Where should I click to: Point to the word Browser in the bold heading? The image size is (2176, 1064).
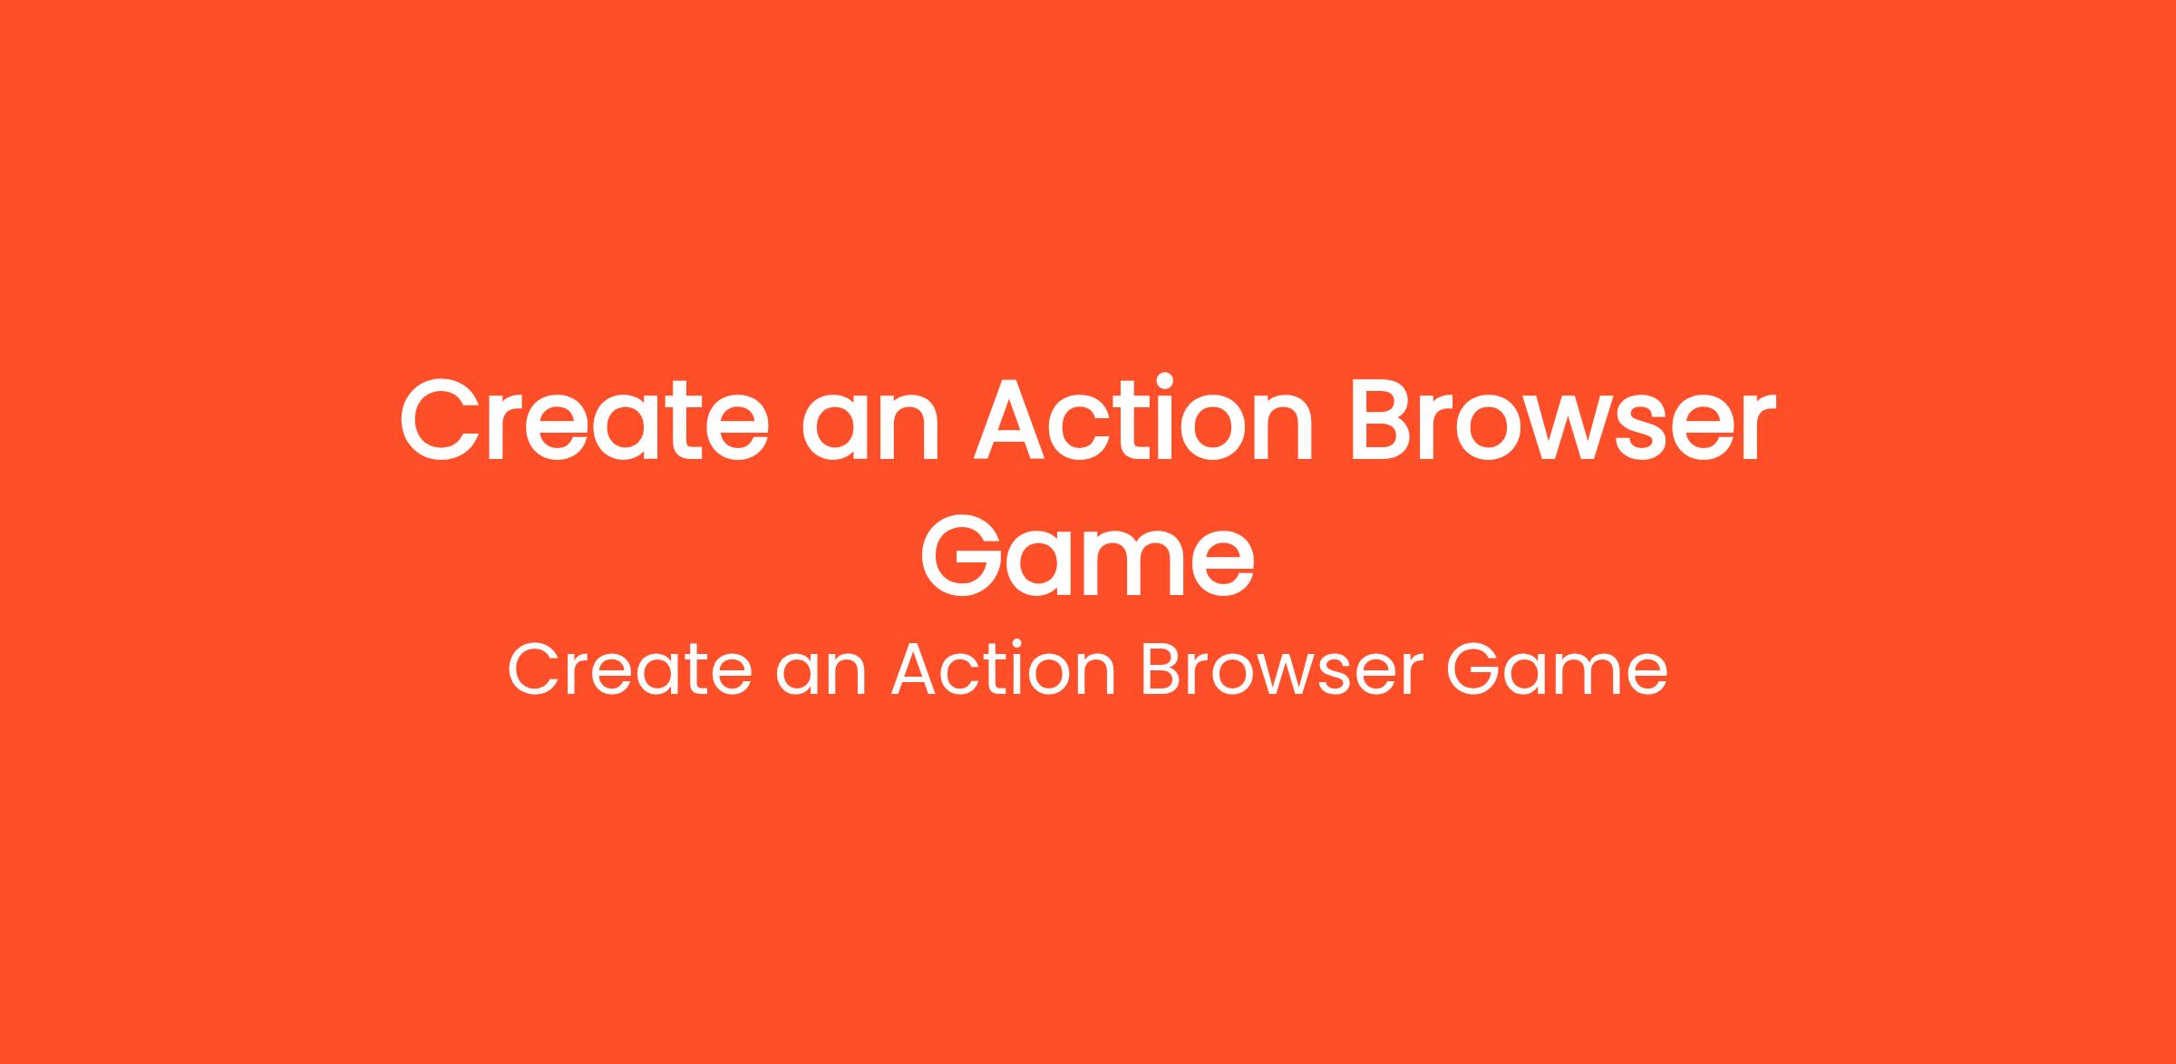[1562, 420]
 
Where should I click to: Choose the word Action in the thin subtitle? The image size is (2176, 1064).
[1004, 670]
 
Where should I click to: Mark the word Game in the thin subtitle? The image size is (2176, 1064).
[1556, 670]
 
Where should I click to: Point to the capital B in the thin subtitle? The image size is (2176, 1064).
[1161, 670]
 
